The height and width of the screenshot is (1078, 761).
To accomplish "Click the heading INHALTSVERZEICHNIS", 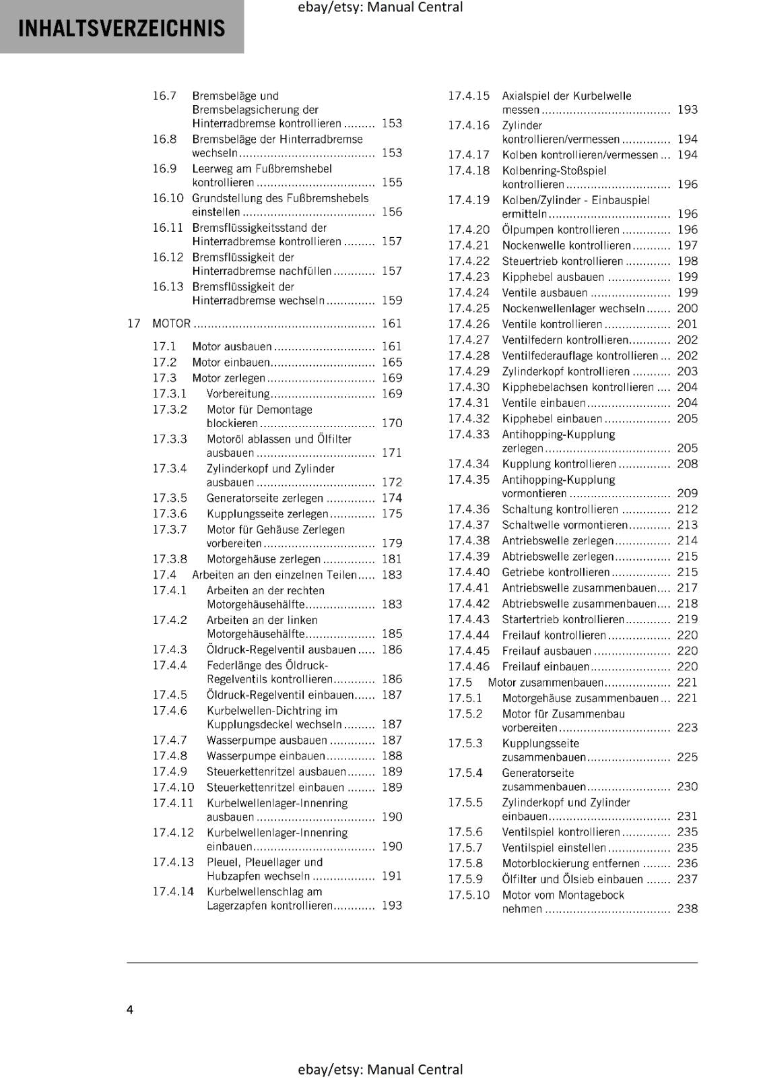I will pos(122,28).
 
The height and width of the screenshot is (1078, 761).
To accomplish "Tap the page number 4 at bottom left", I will pos(130,1009).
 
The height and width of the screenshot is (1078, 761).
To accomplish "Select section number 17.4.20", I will pos(469,230).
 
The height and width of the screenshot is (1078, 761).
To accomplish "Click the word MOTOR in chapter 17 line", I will pos(171,323).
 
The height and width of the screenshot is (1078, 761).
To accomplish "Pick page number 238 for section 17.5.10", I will pos(687,909).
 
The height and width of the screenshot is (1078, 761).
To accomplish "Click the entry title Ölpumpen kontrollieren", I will pos(560,230).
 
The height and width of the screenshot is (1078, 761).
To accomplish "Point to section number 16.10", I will pos(168,198).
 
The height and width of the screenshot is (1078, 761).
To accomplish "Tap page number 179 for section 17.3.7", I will pos(391,543).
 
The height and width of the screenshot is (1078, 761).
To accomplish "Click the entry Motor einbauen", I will pos(230,362).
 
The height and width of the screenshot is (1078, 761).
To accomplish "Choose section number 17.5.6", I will pos(465,832).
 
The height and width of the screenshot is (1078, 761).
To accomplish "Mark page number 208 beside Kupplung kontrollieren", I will pos(687,464).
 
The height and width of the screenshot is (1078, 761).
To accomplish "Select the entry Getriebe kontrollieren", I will pos(556,572).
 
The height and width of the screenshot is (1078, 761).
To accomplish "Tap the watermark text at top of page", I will pos(380,7).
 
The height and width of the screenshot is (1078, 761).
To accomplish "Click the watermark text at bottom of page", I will pos(380,1069).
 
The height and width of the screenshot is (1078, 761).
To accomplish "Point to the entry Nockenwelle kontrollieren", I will pos(566,246).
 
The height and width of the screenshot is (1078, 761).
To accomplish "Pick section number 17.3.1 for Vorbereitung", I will pos(169,394).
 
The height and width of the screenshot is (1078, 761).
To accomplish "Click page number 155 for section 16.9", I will pos(391,183).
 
